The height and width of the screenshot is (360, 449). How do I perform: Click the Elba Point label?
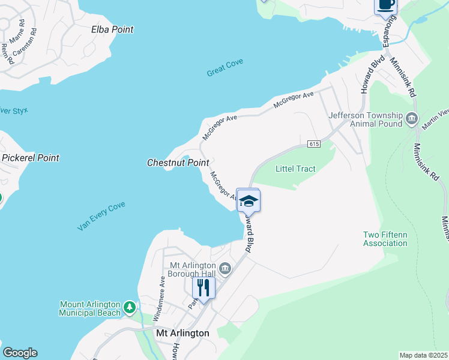(x=112, y=29)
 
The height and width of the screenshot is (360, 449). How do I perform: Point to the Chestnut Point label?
(x=173, y=163)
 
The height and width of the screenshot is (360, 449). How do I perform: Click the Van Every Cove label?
(x=101, y=217)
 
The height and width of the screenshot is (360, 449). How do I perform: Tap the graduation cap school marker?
(x=249, y=200)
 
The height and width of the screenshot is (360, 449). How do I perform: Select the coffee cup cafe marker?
(x=385, y=5)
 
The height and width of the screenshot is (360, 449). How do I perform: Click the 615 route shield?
(x=314, y=144)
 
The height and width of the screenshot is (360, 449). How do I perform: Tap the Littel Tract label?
(x=295, y=169)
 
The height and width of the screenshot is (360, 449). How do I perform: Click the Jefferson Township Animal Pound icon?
(x=412, y=118)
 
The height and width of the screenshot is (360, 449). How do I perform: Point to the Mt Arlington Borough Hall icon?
(x=225, y=268)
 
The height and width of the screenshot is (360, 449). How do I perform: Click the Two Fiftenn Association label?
(x=385, y=239)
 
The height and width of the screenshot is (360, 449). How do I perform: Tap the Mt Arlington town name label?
(x=182, y=333)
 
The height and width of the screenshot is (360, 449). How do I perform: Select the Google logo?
(x=20, y=353)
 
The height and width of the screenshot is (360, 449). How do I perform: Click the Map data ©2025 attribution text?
(x=423, y=355)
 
